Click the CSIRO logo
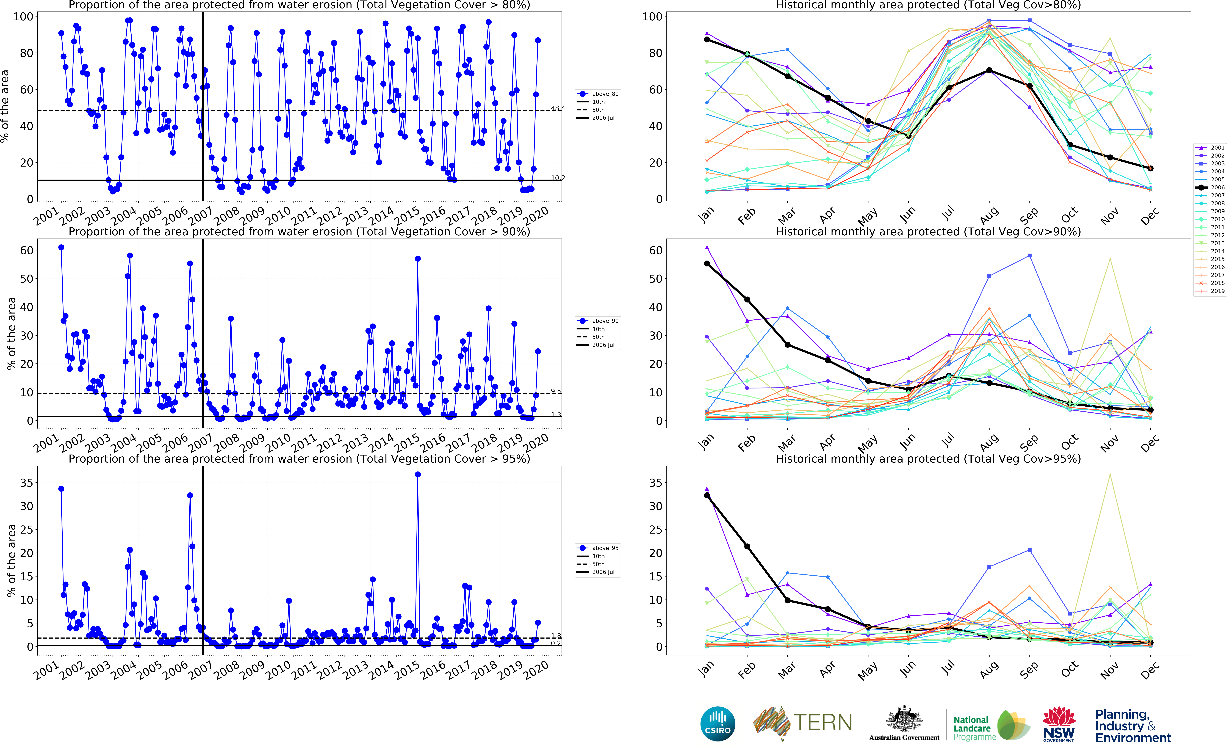point(718,724)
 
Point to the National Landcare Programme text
point(974,728)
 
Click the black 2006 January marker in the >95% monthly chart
point(707,495)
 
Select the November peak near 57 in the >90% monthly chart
point(1110,258)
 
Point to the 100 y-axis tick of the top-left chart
point(23,16)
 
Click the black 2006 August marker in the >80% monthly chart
point(989,70)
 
